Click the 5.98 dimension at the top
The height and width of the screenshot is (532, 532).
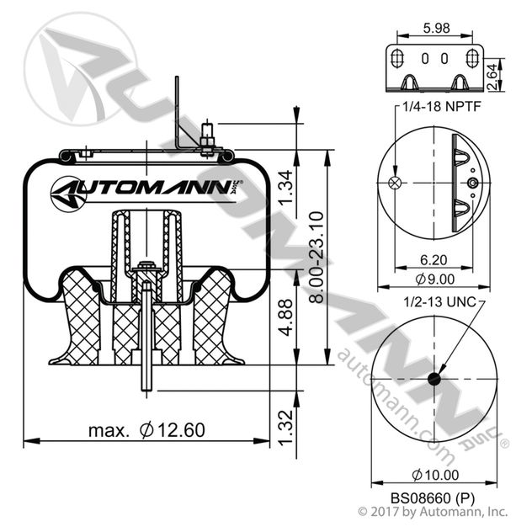point(435,28)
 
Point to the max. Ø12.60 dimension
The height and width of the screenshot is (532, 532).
point(146,430)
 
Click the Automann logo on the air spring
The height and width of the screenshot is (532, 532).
point(144,189)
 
